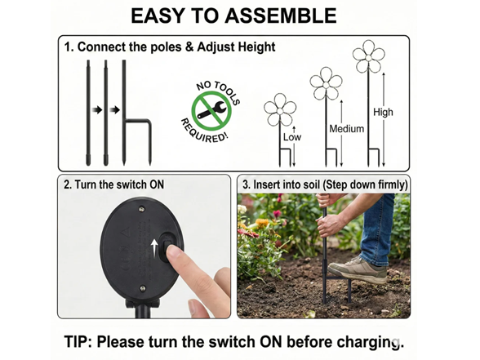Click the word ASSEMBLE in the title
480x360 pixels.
tap(281, 16)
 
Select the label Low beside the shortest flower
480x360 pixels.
tap(292, 137)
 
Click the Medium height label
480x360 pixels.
tap(346, 129)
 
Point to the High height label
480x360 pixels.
tap(383, 112)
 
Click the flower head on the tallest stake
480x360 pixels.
tap(369, 56)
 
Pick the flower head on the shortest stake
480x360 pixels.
tap(280, 109)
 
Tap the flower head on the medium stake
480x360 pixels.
tap(326, 83)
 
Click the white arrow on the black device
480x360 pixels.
tap(155, 247)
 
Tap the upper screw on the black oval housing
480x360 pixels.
tap(141, 209)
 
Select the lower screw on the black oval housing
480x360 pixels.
tap(143, 288)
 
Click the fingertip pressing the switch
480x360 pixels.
tap(174, 253)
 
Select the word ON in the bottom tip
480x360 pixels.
tap(271, 341)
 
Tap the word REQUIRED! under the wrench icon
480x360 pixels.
tap(204, 132)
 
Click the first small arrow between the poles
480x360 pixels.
tap(97, 109)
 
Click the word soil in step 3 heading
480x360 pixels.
tap(310, 184)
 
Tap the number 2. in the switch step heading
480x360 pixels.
tap(68, 184)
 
